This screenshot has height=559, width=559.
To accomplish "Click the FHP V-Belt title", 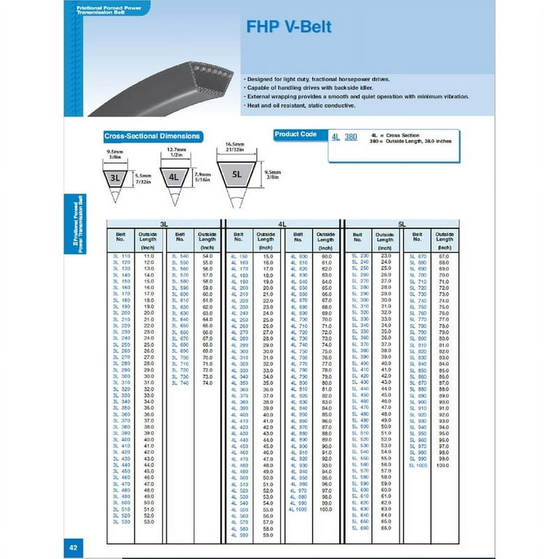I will pos(289,28).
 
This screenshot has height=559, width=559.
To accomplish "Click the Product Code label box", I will pos(296,135).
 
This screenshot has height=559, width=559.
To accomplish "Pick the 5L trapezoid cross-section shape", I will pos(237,174).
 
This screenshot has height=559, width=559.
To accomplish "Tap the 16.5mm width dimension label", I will pos(233,146).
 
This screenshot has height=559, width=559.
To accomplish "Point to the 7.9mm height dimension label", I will pos(203,174).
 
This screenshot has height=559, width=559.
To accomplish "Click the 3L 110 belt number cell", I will pos(121,256).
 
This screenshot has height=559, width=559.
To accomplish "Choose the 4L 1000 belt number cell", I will pos(298,509).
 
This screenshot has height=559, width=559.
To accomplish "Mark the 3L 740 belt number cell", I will pos(180,382).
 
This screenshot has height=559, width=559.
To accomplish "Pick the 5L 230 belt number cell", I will pos(360,256).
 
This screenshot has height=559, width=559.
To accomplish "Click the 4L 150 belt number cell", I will pos(239,256).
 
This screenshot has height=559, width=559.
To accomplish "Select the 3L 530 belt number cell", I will pos(121,521).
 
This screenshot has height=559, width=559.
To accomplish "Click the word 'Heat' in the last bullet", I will pos(254,106).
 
